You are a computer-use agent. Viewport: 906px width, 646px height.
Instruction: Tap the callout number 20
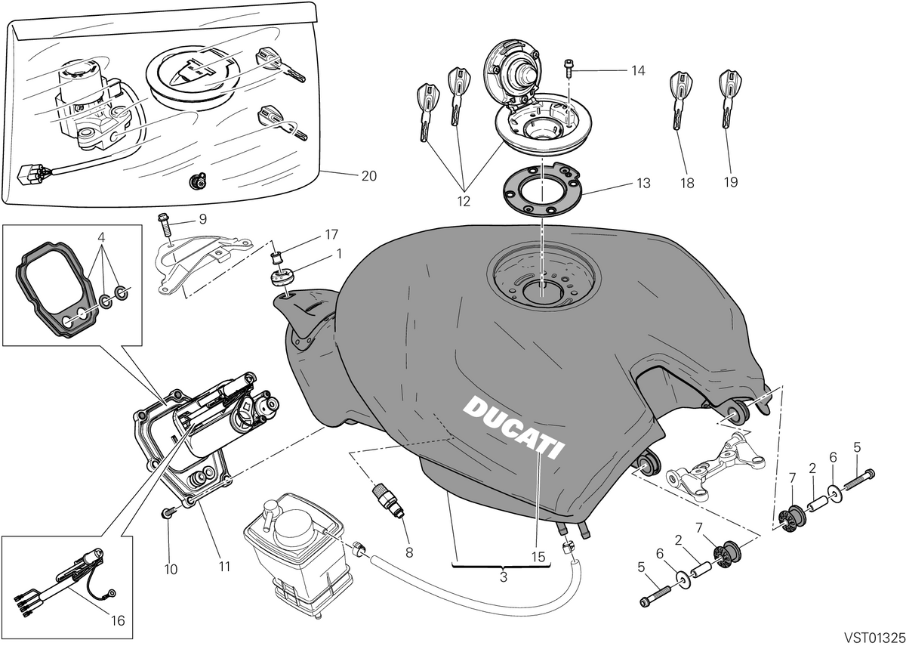pyautogui.click(x=369, y=176)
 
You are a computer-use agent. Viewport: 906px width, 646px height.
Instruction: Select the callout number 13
pyautogui.click(x=643, y=184)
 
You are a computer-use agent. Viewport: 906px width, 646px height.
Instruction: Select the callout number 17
pyautogui.click(x=331, y=235)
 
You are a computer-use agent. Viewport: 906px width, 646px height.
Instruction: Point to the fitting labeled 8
pyautogui.click(x=387, y=500)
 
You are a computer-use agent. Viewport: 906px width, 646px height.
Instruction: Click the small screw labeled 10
pyautogui.click(x=168, y=514)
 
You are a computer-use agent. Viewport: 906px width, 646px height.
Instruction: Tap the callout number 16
pyautogui.click(x=118, y=620)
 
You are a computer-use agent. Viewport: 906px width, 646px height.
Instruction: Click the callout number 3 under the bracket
pyautogui.click(x=503, y=577)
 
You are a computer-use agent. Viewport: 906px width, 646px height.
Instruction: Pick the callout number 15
pyautogui.click(x=538, y=557)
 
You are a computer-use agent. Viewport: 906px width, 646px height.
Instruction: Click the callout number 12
pyautogui.click(x=464, y=201)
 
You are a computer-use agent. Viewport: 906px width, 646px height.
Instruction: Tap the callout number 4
pyautogui.click(x=101, y=236)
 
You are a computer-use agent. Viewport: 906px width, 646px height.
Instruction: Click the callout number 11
pyautogui.click(x=224, y=567)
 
